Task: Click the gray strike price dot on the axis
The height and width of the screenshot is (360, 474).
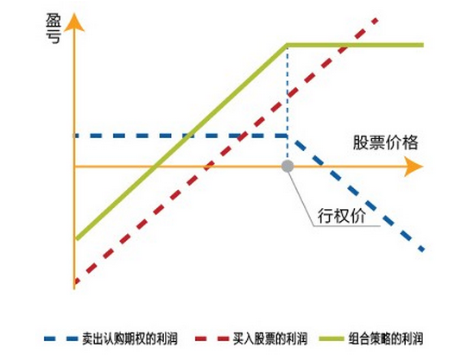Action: (288, 166)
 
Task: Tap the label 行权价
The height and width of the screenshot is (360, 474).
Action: (342, 216)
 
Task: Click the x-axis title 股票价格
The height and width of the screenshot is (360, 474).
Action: (385, 142)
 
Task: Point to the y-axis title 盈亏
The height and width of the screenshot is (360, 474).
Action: (54, 28)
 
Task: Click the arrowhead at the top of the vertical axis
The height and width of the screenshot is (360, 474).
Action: (74, 22)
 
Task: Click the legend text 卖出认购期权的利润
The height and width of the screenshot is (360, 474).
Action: (130, 338)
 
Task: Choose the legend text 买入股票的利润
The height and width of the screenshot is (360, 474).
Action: (270, 338)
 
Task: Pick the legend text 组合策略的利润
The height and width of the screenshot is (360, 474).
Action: (386, 338)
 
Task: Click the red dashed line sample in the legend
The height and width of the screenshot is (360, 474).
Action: (212, 338)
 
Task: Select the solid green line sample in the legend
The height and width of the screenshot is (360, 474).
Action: (332, 338)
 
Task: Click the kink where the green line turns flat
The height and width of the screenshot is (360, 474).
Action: (287, 46)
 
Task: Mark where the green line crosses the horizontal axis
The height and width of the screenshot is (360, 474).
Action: (155, 167)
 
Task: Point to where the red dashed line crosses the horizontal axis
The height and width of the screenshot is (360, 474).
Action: (207, 167)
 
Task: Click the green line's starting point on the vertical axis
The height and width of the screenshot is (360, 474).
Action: (76, 238)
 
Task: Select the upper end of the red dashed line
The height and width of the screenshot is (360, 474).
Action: (377, 19)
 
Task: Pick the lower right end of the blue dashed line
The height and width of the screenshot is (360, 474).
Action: (423, 250)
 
